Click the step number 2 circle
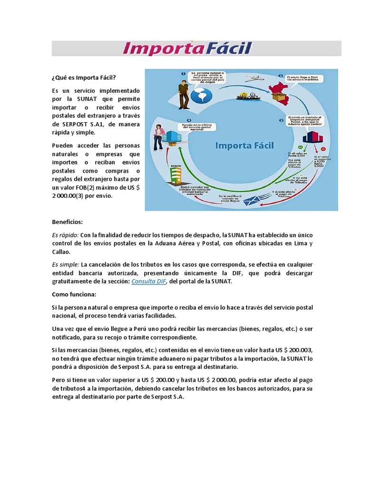coord(281,76)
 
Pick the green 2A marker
coord(300,147)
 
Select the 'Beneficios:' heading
coord(67,222)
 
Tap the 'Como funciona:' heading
coord(74,294)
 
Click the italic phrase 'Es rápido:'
coord(65,235)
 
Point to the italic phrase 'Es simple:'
coord(66,264)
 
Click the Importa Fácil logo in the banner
coord(187,49)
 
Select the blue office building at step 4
coord(172,136)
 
